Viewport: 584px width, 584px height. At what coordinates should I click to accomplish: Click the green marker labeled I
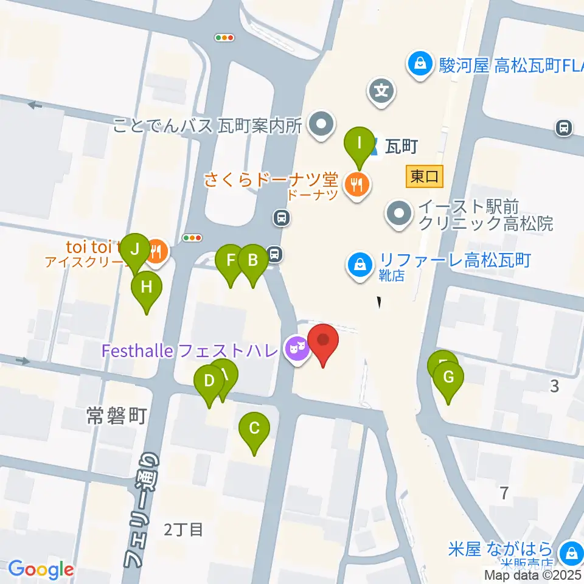point(359,144)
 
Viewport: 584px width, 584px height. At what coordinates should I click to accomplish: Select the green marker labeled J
point(135,248)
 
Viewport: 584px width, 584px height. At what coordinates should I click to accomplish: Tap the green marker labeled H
point(146,286)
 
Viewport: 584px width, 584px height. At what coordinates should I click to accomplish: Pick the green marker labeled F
point(231,260)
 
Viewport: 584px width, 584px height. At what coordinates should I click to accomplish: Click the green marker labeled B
point(252,260)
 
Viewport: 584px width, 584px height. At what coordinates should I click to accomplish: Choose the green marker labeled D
point(209,381)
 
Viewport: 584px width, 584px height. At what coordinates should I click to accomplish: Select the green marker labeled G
point(448,377)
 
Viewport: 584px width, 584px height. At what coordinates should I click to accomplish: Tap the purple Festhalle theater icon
point(296,351)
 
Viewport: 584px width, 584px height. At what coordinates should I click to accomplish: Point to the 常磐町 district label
point(116,416)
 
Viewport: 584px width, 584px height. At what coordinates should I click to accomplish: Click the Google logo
point(41,569)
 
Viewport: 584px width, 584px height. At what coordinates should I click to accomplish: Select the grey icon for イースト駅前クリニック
point(399,214)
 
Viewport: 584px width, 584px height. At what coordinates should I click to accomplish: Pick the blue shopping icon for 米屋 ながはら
point(571,553)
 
